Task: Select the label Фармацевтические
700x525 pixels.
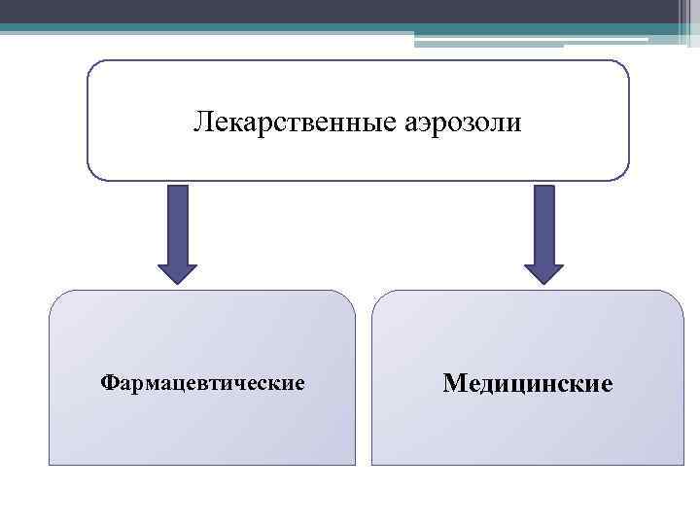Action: pyautogui.click(x=203, y=383)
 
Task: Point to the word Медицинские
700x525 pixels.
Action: pyautogui.click(x=528, y=383)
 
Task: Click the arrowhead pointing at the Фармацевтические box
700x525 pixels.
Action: pyautogui.click(x=177, y=273)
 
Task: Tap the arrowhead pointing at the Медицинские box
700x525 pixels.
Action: pyautogui.click(x=543, y=273)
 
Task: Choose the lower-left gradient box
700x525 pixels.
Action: pyautogui.click(x=202, y=428)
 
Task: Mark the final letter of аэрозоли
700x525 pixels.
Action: pyautogui.click(x=515, y=123)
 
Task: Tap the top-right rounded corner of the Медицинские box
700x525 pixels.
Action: pyautogui.click(x=677, y=297)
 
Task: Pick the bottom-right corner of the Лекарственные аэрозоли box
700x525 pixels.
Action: pyautogui.click(x=622, y=175)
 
